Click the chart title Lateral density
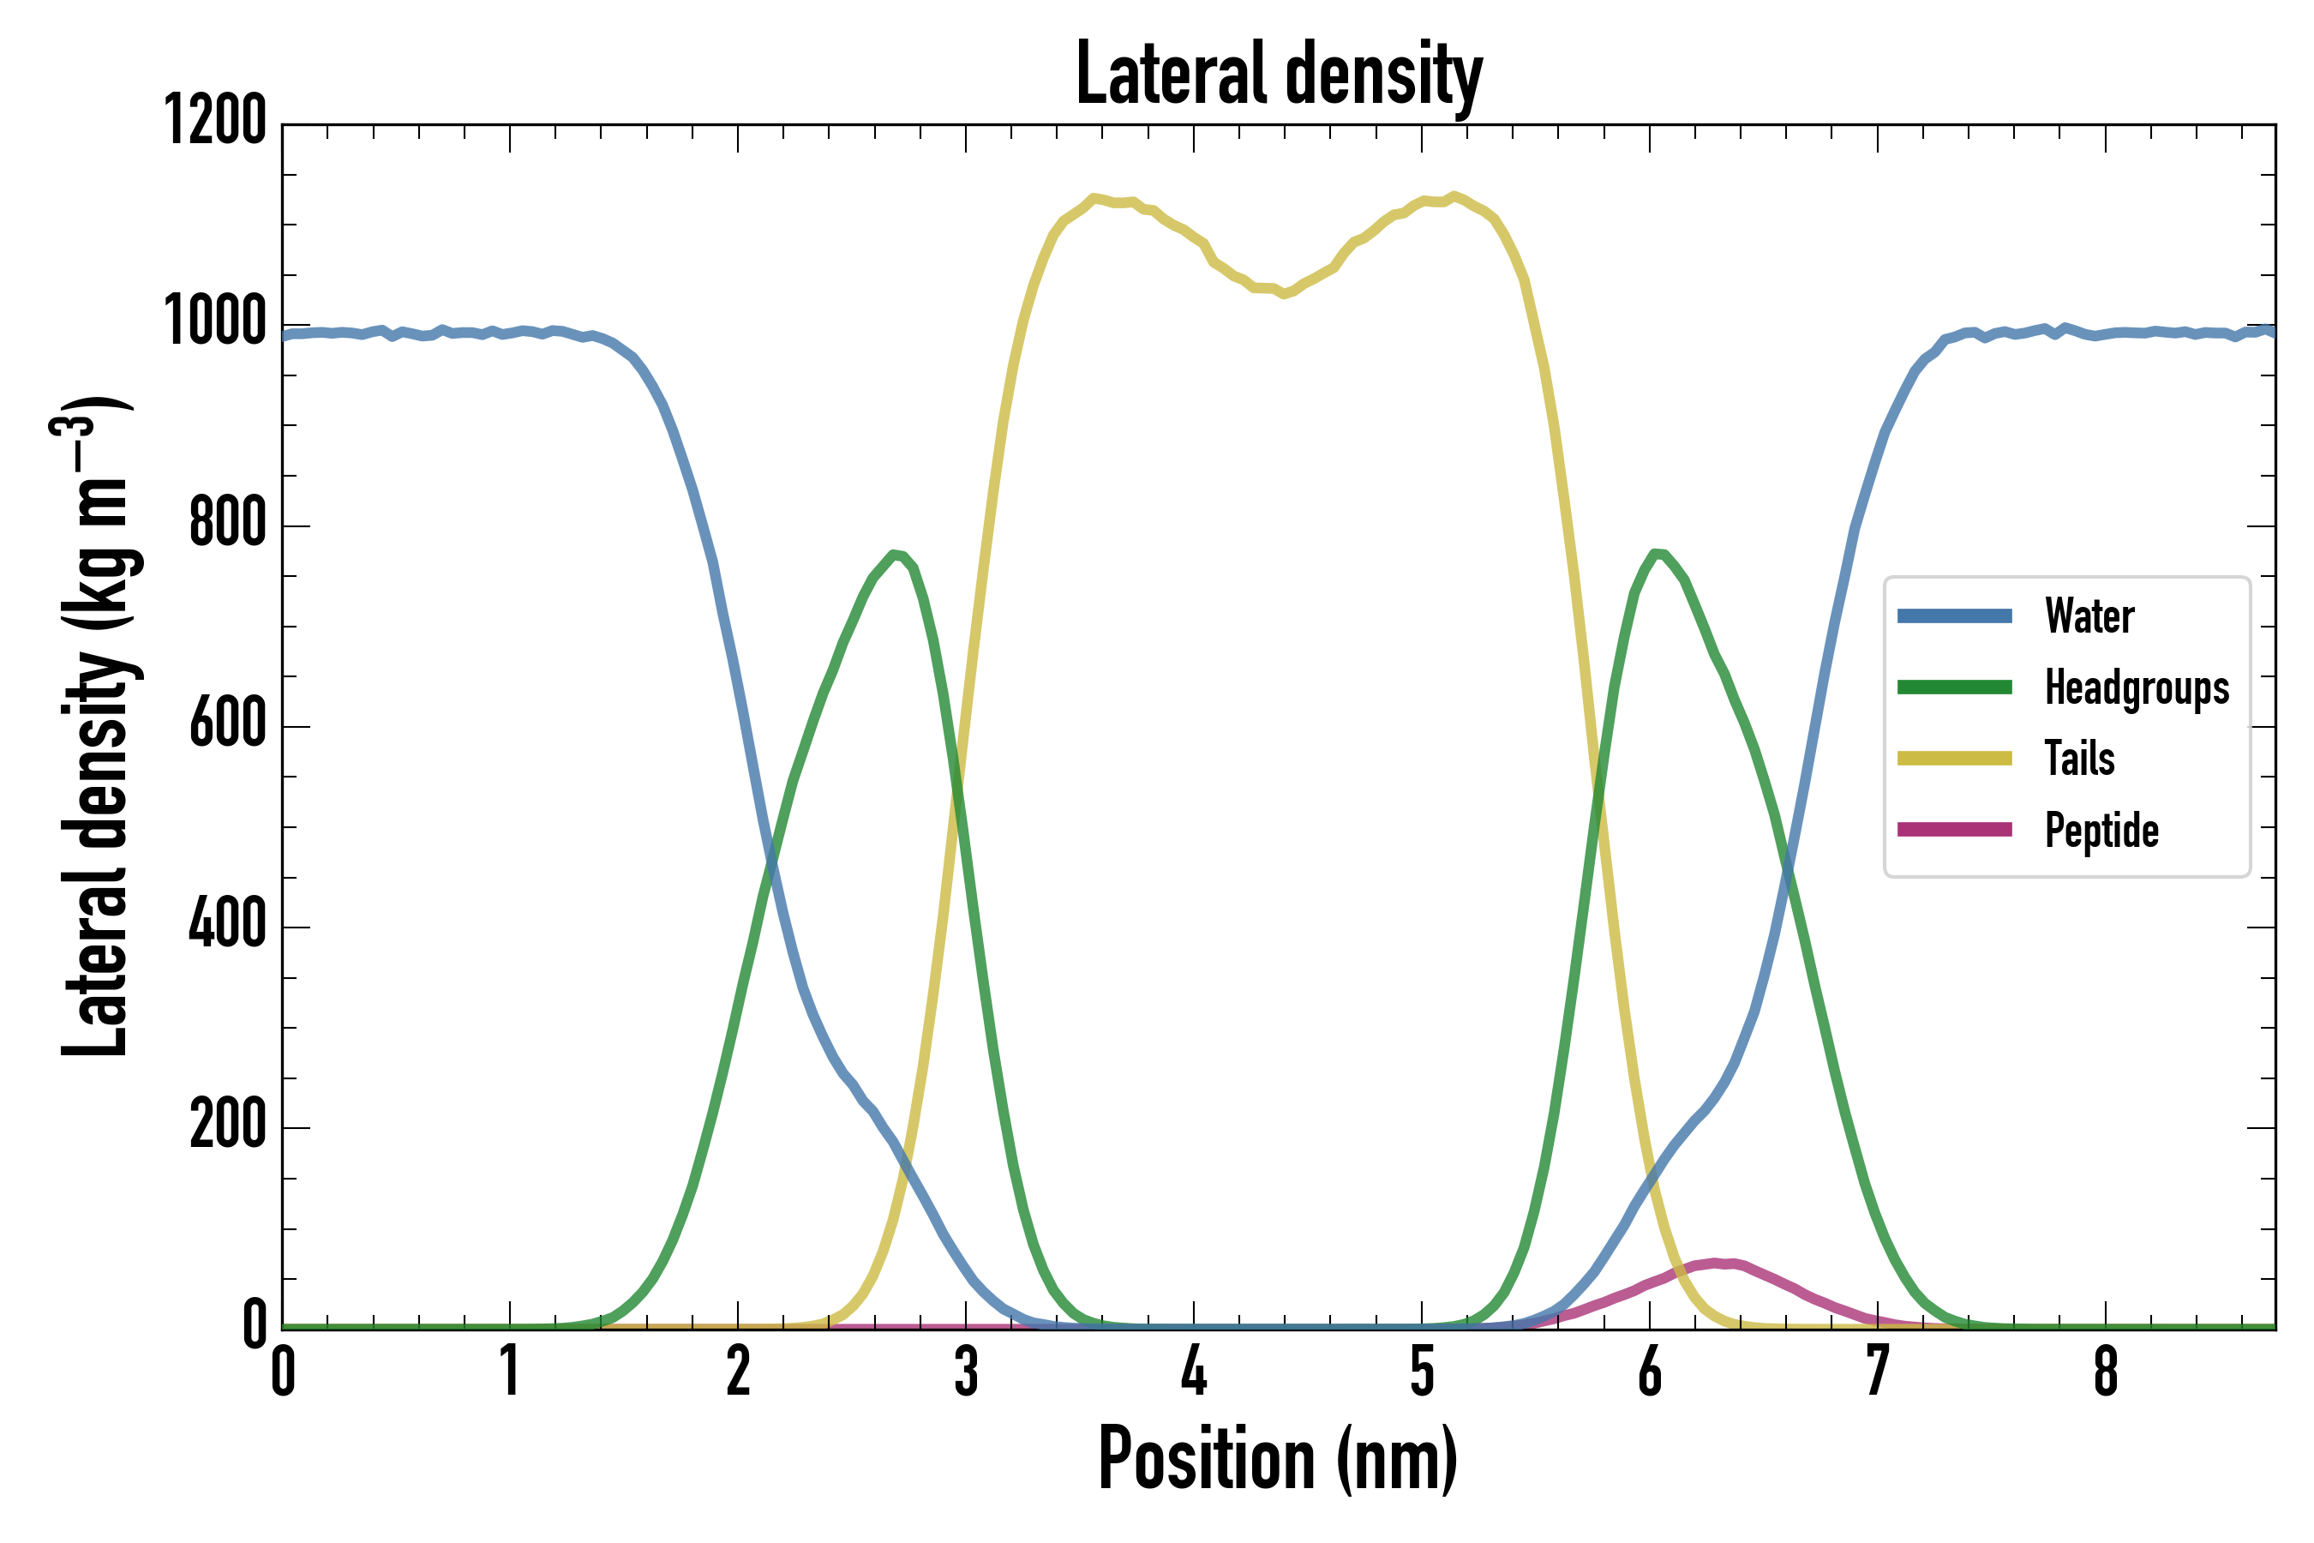click(x=1279, y=74)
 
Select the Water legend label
click(x=2089, y=617)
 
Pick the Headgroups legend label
click(x=2136, y=687)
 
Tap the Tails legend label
click(x=2079, y=759)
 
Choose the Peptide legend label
click(x=2101, y=831)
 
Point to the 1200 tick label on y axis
click(x=215, y=121)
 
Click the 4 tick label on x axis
click(x=1193, y=1371)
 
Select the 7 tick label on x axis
click(x=1877, y=1371)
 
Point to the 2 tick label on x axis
click(x=738, y=1371)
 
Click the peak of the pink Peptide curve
click(x=1717, y=1263)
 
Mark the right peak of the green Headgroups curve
click(x=1658, y=554)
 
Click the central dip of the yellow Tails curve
click(x=1284, y=292)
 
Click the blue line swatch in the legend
click(x=1955, y=617)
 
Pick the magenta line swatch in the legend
click(x=1955, y=830)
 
